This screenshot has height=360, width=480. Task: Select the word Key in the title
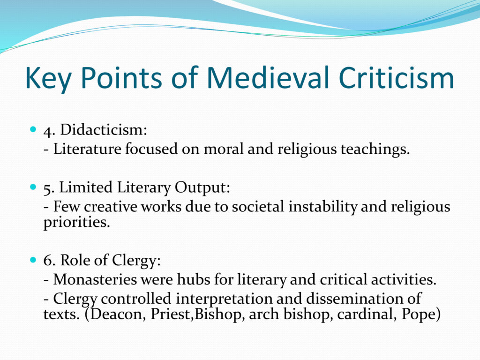48,79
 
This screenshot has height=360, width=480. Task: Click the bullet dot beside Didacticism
33,129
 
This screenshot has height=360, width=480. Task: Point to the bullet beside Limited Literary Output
33,187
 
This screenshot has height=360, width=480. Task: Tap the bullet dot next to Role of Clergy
33,260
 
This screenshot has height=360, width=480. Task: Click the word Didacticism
104,129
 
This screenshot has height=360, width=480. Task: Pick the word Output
202,187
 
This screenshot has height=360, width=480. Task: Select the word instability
322,206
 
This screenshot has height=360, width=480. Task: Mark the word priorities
76,222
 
